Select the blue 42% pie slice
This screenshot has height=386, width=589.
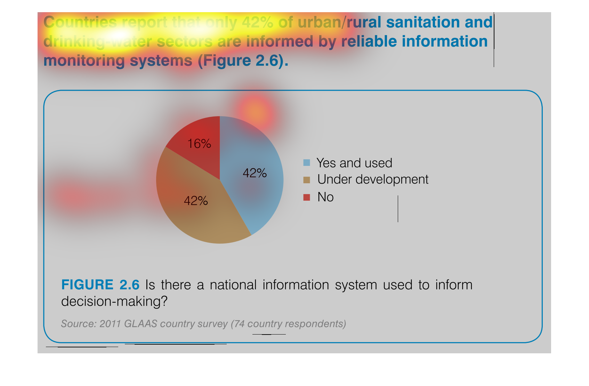point(252,174)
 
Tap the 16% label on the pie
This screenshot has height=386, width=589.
point(199,144)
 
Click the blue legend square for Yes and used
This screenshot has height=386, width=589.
point(307,162)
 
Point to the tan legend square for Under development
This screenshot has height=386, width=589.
point(307,180)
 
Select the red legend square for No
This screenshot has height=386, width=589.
point(307,197)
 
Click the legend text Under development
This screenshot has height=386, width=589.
point(373,180)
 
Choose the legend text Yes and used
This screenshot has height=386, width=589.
point(354,163)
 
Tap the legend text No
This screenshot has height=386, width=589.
point(325,197)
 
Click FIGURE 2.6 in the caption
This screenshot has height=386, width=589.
point(100,284)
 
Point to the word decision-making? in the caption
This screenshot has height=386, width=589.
point(114,301)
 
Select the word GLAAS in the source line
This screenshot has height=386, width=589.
point(140,324)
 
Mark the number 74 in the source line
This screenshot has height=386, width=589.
point(239,324)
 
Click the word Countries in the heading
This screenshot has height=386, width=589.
point(80,22)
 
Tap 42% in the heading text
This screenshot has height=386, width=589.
point(257,22)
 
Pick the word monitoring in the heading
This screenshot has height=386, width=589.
point(84,61)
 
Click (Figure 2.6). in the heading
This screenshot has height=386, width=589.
point(243,61)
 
